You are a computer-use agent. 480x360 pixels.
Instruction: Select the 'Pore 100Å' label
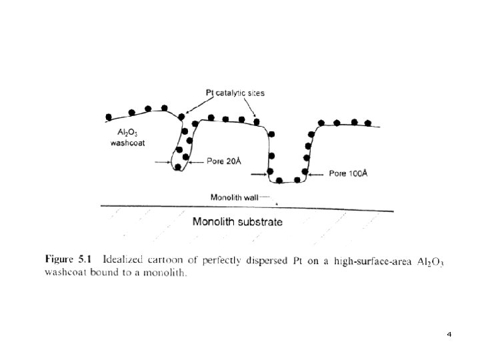348,174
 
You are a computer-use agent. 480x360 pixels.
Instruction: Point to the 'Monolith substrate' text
237,222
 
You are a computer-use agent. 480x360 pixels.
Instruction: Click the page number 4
449,333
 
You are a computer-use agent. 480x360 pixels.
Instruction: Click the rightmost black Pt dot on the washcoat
368,123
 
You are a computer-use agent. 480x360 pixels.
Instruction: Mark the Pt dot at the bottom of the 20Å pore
178,167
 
